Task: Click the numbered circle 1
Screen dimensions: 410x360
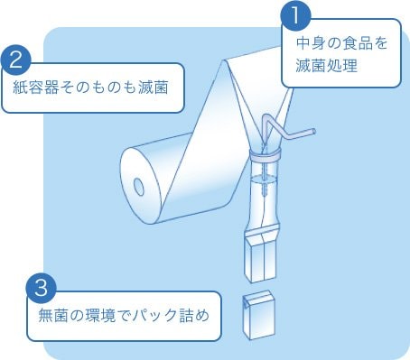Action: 295,15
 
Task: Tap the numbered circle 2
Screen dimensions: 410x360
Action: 16,60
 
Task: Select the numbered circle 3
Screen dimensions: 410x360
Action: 42,288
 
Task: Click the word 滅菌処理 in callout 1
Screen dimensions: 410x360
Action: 326,65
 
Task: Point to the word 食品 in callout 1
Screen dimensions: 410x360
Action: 357,43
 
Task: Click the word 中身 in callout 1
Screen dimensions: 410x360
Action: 311,43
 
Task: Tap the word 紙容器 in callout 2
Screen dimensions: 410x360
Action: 36,88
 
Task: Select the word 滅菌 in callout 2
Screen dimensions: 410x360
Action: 154,88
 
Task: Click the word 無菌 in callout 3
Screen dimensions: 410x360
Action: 53,316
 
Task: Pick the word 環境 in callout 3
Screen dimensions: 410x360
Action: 100,316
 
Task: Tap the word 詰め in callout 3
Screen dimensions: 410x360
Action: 194,316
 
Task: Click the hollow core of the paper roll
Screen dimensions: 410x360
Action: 139,187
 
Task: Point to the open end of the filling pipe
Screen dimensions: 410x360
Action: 313,132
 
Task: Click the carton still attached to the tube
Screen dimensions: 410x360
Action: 260,258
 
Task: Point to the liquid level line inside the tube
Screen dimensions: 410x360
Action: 264,179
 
